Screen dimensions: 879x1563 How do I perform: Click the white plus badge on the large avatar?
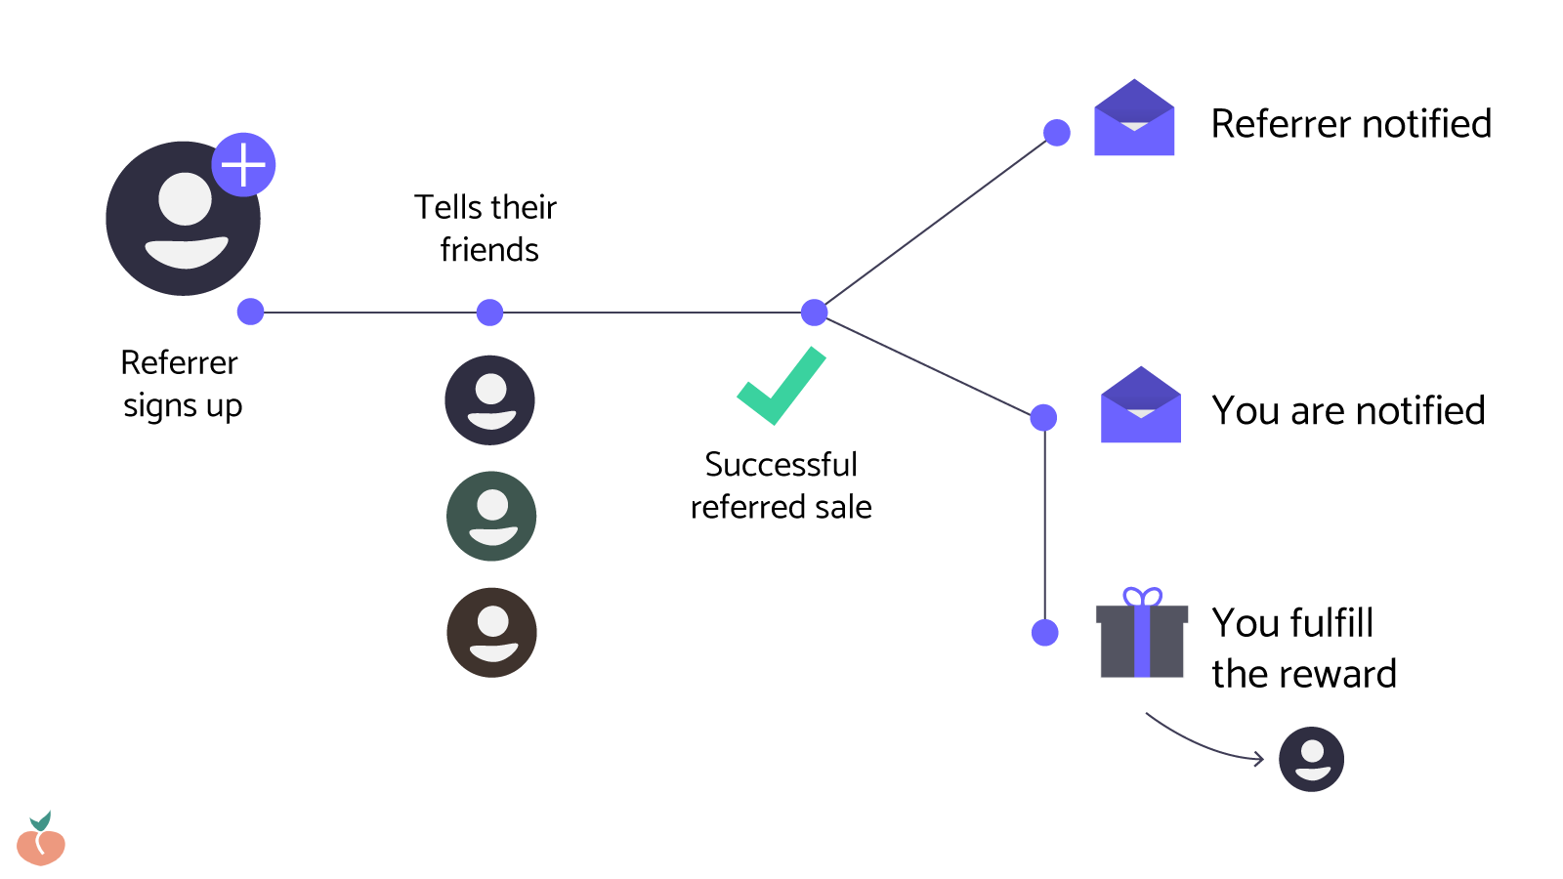(243, 164)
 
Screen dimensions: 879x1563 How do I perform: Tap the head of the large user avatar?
(186, 198)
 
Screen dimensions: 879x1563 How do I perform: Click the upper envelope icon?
(1134, 119)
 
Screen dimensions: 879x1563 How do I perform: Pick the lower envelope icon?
(1140, 406)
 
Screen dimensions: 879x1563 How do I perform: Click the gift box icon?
(1142, 640)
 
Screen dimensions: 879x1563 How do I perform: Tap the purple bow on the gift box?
(1142, 597)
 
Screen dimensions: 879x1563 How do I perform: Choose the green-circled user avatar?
(491, 516)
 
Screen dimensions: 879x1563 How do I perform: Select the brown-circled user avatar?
(491, 632)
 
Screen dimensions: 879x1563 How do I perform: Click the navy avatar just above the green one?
(489, 399)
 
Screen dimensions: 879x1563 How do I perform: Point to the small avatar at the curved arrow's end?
(1311, 759)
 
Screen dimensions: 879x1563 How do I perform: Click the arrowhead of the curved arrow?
(1259, 759)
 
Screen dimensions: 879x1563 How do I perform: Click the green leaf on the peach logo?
(41, 820)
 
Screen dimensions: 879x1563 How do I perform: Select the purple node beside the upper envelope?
(1057, 133)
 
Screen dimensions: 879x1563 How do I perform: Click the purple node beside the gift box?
(1045, 633)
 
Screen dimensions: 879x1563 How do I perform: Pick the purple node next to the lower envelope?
(1043, 418)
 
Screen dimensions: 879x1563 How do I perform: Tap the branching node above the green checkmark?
(814, 313)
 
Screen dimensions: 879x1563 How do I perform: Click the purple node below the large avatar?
(251, 312)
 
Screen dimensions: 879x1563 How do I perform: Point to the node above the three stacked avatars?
(489, 313)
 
